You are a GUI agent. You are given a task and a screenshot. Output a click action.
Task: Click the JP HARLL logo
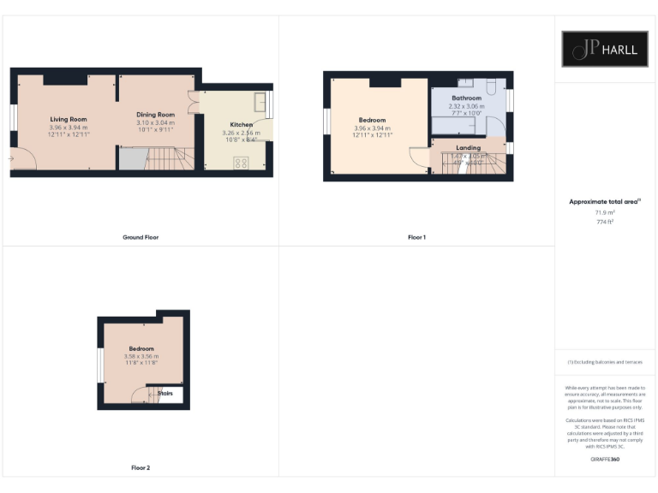pyautogui.click(x=605, y=49)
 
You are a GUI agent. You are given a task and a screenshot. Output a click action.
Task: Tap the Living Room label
pyautogui.click(x=68, y=119)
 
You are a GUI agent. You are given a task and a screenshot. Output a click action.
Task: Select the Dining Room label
pyautogui.click(x=155, y=115)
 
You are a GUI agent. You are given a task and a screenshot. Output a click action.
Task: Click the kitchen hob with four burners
pyautogui.click(x=241, y=162)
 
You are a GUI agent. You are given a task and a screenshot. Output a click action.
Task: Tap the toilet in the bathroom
pyautogui.click(x=490, y=87)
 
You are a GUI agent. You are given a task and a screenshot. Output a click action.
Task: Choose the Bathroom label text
pyautogui.click(x=465, y=98)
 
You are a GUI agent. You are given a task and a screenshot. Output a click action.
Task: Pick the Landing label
pyautogui.click(x=468, y=147)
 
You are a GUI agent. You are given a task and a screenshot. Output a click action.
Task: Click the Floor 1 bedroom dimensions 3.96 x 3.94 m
pyautogui.click(x=372, y=128)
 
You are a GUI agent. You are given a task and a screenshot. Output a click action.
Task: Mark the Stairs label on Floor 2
pyautogui.click(x=166, y=394)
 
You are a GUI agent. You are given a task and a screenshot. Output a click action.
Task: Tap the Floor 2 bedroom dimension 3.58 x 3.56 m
pyautogui.click(x=141, y=356)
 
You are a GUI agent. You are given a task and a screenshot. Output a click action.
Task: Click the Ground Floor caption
pyautogui.click(x=141, y=237)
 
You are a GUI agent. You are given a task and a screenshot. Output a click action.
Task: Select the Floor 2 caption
pyautogui.click(x=141, y=468)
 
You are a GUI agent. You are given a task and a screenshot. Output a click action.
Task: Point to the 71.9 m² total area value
pyautogui.click(x=605, y=211)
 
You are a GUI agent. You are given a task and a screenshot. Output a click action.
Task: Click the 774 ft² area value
pyautogui.click(x=605, y=222)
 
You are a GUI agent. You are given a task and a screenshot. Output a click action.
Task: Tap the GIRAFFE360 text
pyautogui.click(x=605, y=460)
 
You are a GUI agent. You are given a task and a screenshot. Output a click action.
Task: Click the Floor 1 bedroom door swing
pyautogui.click(x=418, y=157)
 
